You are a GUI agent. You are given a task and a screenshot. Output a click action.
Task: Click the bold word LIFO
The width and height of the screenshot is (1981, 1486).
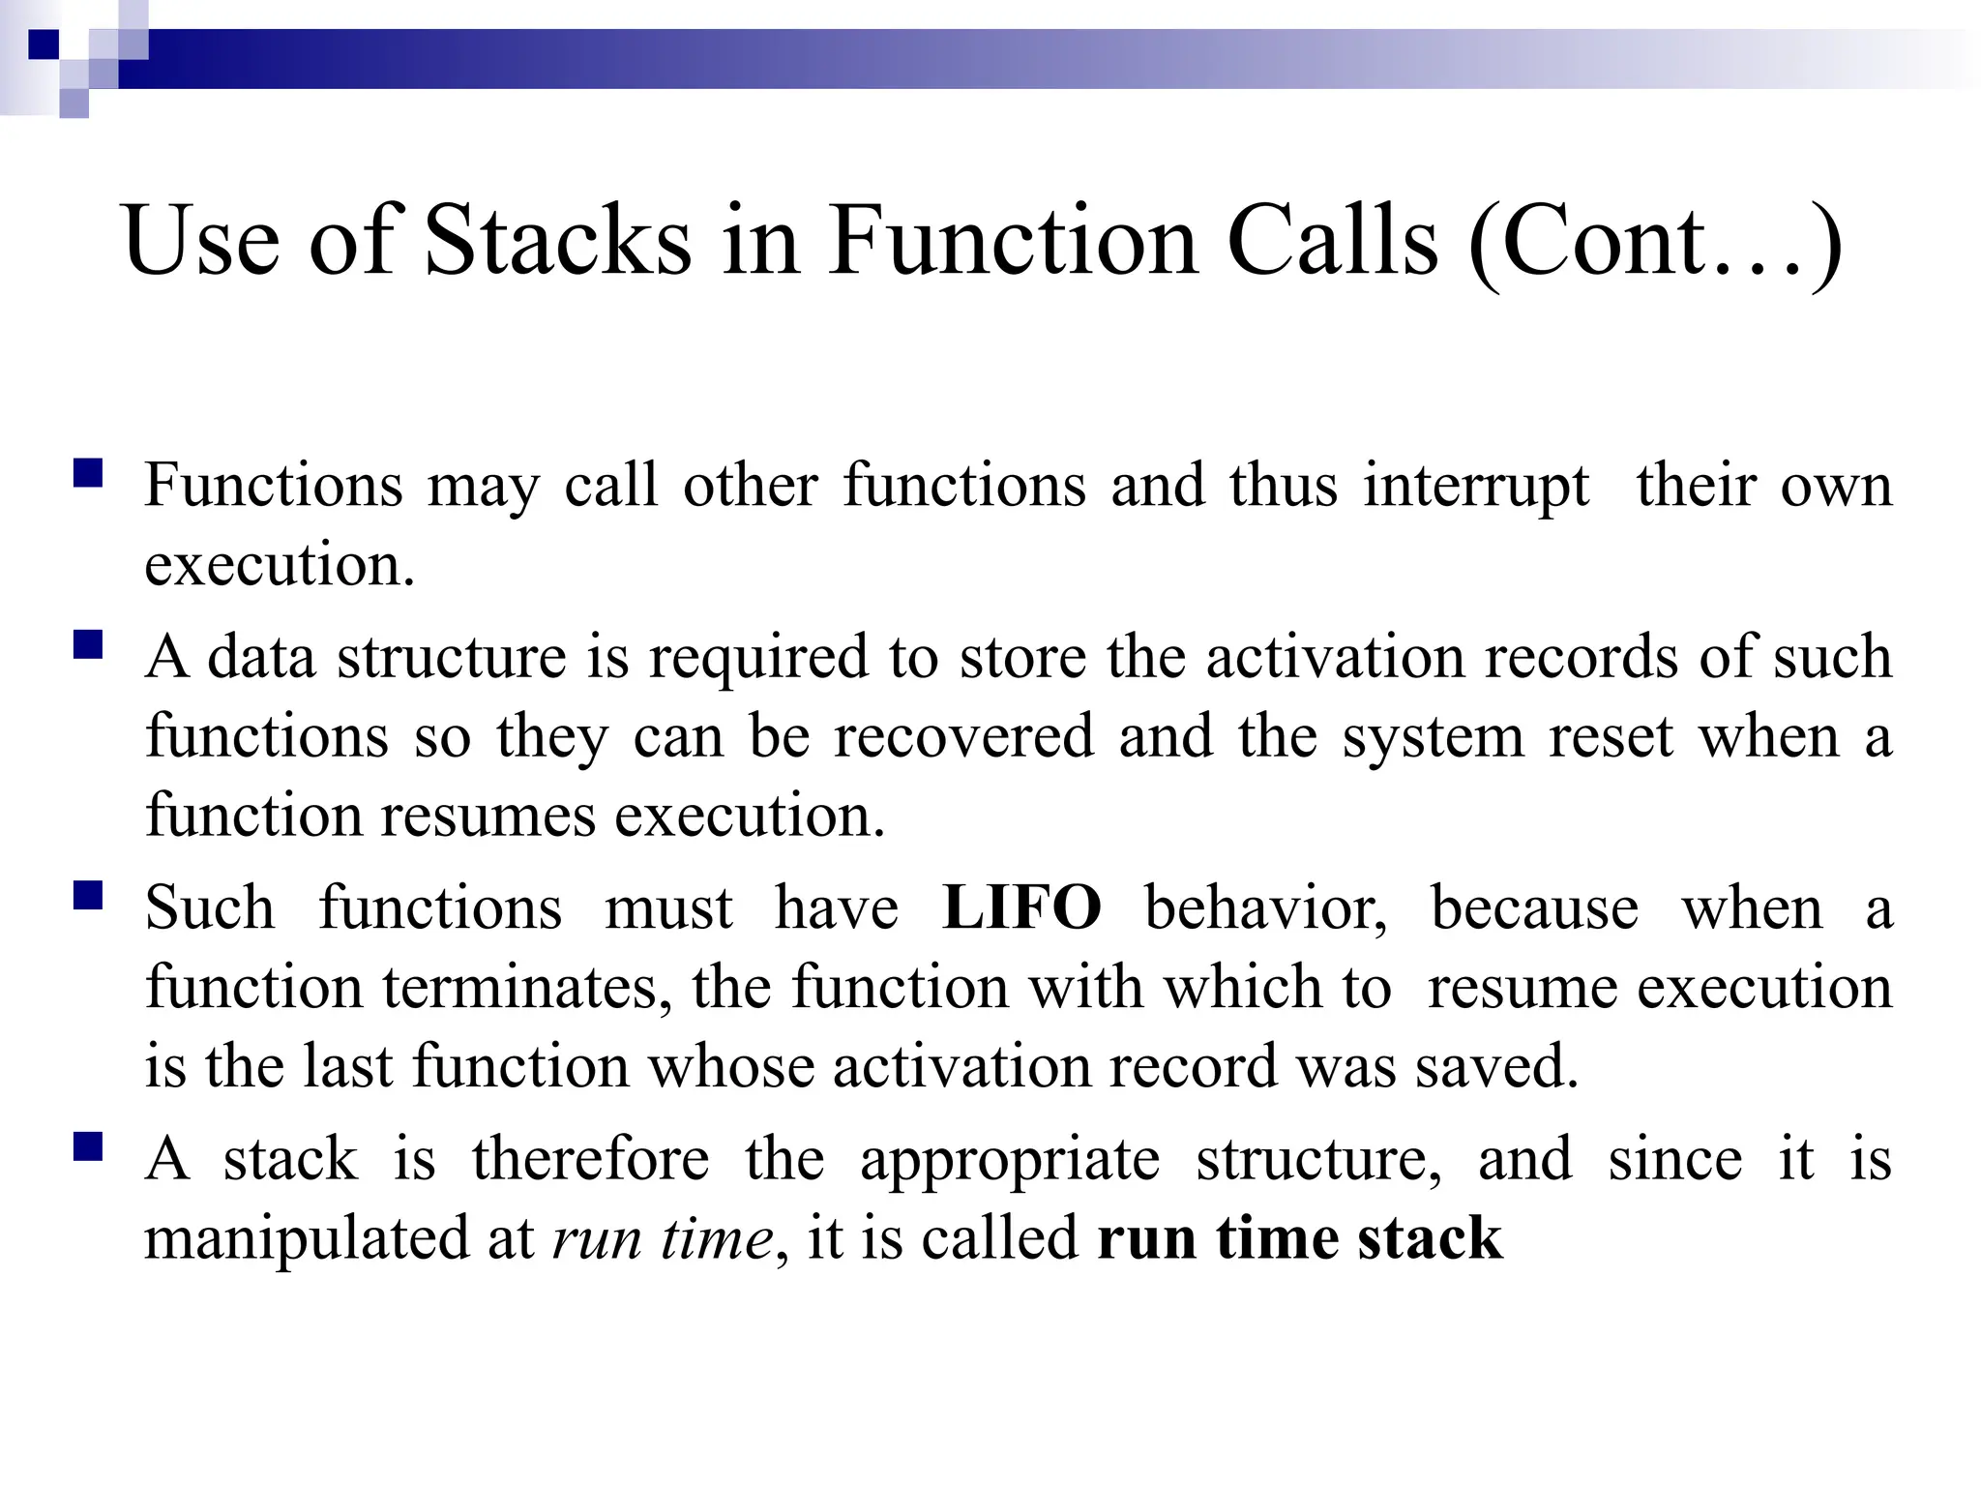coord(1021,908)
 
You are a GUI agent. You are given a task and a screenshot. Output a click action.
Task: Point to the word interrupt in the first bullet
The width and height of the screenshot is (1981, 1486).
coord(1476,486)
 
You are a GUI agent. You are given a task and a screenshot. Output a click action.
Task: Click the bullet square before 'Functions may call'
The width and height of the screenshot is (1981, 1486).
coord(87,473)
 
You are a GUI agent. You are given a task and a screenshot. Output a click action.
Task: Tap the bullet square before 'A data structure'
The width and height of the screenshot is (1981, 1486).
coord(87,644)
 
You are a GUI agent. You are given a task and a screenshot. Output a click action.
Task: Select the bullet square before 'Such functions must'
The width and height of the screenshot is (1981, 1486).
coord(87,896)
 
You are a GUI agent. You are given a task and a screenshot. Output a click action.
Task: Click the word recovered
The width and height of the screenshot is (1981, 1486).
coord(964,736)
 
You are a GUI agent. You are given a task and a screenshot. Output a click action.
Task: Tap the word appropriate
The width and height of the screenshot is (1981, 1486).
coord(1010,1161)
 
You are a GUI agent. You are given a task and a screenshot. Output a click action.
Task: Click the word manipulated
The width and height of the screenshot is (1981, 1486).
coord(339,1238)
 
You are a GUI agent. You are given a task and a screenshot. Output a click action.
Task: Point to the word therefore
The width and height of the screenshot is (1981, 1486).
coord(590,1159)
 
